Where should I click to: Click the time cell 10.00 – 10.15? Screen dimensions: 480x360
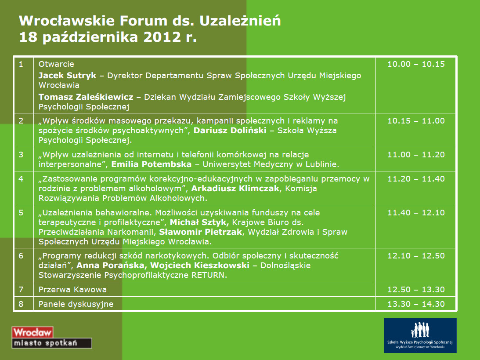416,64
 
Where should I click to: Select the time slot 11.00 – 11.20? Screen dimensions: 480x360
416,154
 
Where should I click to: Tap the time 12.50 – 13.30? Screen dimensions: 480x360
416,290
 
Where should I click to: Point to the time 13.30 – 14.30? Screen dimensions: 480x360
416,304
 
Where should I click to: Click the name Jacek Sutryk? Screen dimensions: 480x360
67,75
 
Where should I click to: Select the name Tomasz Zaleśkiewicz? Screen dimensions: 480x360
86,97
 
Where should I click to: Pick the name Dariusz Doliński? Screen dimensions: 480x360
230,130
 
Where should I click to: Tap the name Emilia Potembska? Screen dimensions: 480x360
151,164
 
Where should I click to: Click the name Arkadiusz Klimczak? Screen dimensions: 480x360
235,188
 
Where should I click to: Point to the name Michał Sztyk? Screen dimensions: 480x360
199,222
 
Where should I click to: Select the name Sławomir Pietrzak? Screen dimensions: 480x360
201,232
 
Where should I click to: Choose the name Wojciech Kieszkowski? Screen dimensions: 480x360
199,265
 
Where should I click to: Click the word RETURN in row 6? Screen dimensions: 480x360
208,275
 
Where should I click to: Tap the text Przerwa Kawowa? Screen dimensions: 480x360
72,290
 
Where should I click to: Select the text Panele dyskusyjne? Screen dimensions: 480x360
76,304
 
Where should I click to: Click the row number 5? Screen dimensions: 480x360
21,213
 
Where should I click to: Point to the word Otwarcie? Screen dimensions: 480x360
56,64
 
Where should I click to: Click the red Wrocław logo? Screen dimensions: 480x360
32,332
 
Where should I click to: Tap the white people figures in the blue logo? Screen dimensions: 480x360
420,330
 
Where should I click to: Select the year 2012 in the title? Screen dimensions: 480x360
162,37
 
